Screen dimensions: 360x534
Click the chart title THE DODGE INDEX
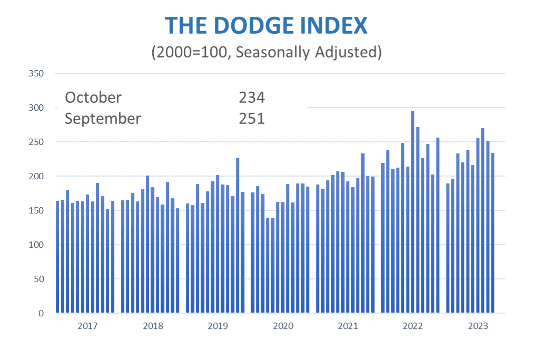[266, 25]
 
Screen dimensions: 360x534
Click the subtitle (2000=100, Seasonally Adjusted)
[266, 52]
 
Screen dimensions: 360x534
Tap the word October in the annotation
[93, 98]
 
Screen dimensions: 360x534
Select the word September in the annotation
[103, 119]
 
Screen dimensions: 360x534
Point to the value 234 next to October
[251, 98]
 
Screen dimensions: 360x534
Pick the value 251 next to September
[251, 119]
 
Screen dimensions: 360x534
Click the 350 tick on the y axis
[36, 73]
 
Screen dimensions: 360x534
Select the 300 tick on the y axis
[36, 108]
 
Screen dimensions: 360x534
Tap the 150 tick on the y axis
[36, 210]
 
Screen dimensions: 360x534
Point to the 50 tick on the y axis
[38, 279]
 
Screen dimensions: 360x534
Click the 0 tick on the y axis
[41, 313]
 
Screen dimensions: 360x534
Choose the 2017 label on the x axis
[87, 326]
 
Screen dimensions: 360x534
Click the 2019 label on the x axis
[217, 326]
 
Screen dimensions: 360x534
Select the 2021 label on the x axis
[348, 326]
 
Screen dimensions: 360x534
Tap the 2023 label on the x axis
[478, 326]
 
